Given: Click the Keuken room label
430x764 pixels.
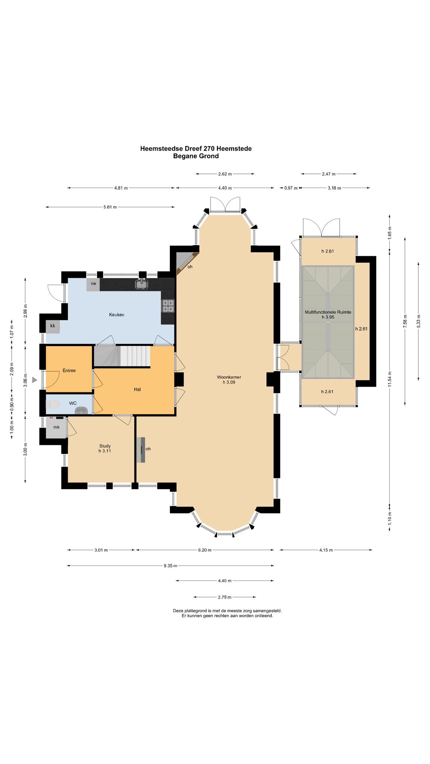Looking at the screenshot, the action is pyautogui.click(x=116, y=315).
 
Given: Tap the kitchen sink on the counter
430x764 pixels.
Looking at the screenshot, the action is pyautogui.click(x=142, y=284).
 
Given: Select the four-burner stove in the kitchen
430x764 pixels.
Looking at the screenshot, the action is pyautogui.click(x=168, y=306).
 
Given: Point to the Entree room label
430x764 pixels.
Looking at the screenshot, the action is pyautogui.click(x=69, y=370).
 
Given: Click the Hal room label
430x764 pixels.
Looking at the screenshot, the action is pyautogui.click(x=137, y=389).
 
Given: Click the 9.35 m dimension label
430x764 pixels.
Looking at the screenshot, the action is pyautogui.click(x=171, y=566).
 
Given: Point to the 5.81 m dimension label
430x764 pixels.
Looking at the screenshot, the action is pyautogui.click(x=110, y=207).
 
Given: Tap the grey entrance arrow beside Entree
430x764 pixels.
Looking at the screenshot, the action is pyautogui.click(x=34, y=380).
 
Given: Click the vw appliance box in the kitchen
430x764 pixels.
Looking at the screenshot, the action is pyautogui.click(x=93, y=284).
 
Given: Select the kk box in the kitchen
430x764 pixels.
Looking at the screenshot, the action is pyautogui.click(x=53, y=326).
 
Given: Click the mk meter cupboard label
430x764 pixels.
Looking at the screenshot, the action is pyautogui.click(x=56, y=427).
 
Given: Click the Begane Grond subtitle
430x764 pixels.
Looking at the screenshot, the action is pyautogui.click(x=196, y=156).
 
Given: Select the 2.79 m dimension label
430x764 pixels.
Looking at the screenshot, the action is pyautogui.click(x=225, y=597).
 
